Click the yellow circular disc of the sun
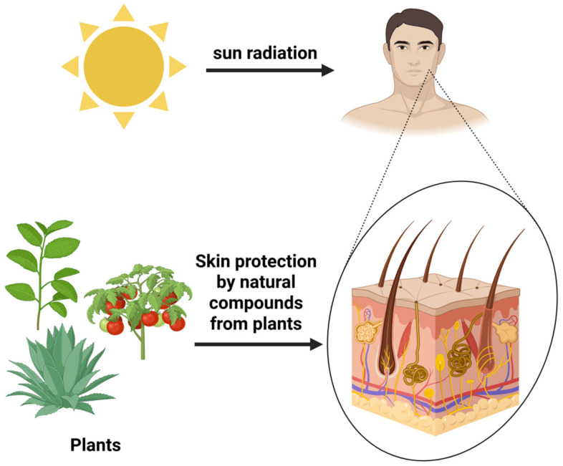[124, 67]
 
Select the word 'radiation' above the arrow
[281, 53]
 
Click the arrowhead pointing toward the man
[327, 70]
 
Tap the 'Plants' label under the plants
[95, 445]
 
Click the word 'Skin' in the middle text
[213, 261]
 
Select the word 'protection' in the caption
[276, 262]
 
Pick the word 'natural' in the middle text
[267, 282]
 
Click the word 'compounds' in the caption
[256, 304]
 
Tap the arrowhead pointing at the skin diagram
[315, 345]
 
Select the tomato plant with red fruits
[139, 309]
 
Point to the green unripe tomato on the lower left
[104, 325]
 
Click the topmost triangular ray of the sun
[123, 13]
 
